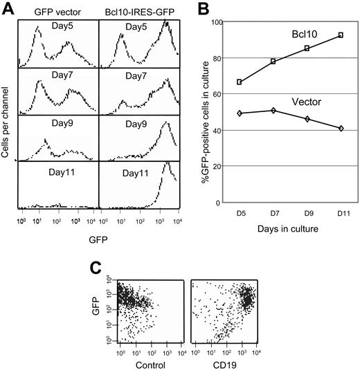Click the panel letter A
[x=8, y=8]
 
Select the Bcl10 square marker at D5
[x=240, y=82]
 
